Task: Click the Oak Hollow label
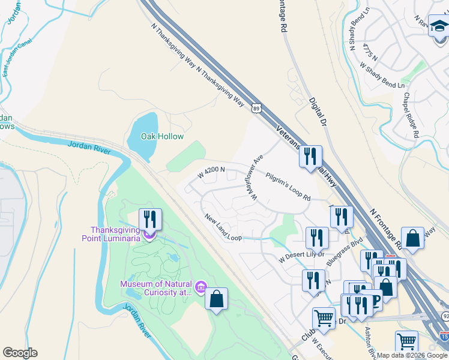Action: click(162, 136)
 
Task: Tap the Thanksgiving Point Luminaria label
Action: click(115, 233)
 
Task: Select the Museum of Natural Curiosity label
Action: click(155, 288)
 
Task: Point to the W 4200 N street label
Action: click(211, 173)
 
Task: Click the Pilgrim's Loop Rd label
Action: click(288, 185)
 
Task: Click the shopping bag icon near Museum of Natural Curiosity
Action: click(217, 298)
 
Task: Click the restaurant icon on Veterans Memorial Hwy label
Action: click(310, 156)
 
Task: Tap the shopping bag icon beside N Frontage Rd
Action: click(414, 238)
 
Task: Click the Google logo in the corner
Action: click(20, 353)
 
